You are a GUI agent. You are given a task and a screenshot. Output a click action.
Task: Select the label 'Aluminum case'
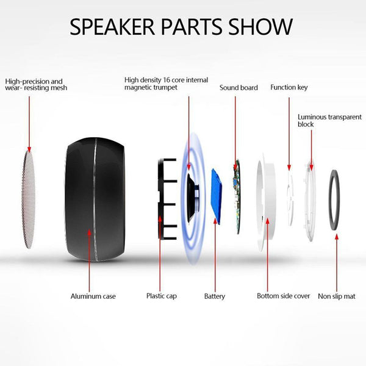click(93, 296)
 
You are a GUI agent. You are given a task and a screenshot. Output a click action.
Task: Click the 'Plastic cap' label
click(162, 296)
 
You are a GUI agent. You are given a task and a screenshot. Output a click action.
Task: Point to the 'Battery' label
click(214, 296)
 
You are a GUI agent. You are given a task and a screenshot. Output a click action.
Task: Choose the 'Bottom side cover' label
click(283, 296)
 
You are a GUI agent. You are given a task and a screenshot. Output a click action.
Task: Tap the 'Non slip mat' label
click(337, 296)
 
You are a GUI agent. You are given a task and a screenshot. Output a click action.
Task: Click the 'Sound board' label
click(239, 88)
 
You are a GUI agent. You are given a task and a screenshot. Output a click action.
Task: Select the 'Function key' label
click(289, 88)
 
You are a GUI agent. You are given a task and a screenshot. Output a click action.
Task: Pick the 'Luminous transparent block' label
click(321, 120)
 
